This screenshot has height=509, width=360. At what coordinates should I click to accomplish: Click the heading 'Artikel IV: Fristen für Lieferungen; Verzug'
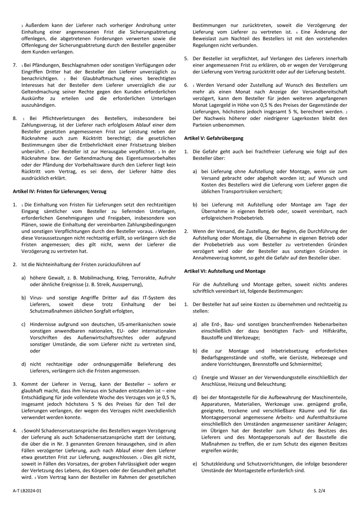click(60, 191)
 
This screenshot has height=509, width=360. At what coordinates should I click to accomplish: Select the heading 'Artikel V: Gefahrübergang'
click(213, 138)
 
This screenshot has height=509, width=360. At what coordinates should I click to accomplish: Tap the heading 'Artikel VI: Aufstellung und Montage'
click(225, 271)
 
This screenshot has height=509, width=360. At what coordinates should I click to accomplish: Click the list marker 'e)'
click(195, 463)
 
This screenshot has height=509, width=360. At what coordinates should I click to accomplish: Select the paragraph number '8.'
click(15, 118)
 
